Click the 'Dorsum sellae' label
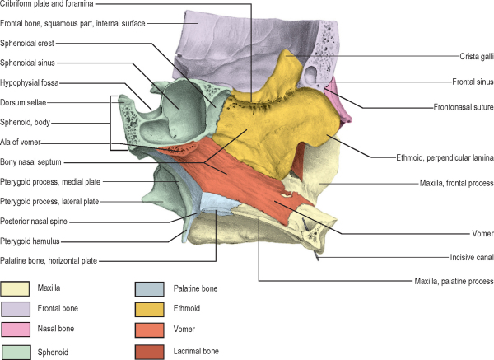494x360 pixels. coord(24,102)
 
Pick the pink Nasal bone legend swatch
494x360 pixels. coord(15,332)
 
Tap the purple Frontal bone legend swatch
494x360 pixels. coord(15,311)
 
